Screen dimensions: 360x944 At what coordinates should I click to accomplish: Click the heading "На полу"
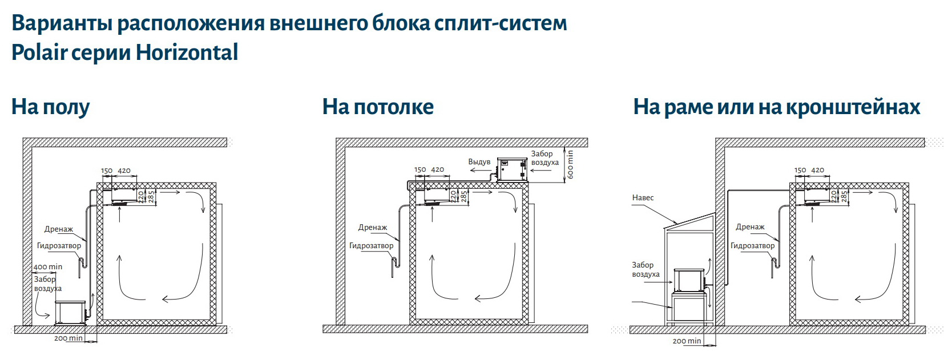[50, 107]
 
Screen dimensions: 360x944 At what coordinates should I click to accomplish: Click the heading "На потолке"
[378, 107]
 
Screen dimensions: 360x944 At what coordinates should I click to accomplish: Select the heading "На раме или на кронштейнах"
[776, 107]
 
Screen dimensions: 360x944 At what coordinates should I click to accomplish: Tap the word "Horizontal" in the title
[187, 52]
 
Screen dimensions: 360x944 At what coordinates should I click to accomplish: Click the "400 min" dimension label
[48, 267]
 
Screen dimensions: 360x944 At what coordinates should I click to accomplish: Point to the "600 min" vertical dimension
[570, 165]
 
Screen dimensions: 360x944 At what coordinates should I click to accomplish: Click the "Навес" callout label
[643, 198]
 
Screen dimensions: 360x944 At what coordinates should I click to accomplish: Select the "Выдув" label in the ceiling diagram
[479, 162]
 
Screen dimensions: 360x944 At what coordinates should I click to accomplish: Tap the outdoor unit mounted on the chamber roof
[511, 169]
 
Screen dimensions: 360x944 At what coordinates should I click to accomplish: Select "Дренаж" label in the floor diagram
[59, 229]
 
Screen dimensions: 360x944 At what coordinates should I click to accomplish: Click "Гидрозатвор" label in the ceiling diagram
[371, 246]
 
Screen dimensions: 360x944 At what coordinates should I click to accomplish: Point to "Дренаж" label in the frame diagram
[750, 227]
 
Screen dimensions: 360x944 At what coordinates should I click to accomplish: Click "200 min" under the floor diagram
[68, 338]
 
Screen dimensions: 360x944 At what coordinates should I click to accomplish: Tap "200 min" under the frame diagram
[687, 341]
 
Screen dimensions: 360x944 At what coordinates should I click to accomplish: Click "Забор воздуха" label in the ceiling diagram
[544, 158]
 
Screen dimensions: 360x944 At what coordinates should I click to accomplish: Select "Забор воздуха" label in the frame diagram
[645, 269]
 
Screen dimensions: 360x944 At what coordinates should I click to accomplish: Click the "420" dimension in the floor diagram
[124, 171]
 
